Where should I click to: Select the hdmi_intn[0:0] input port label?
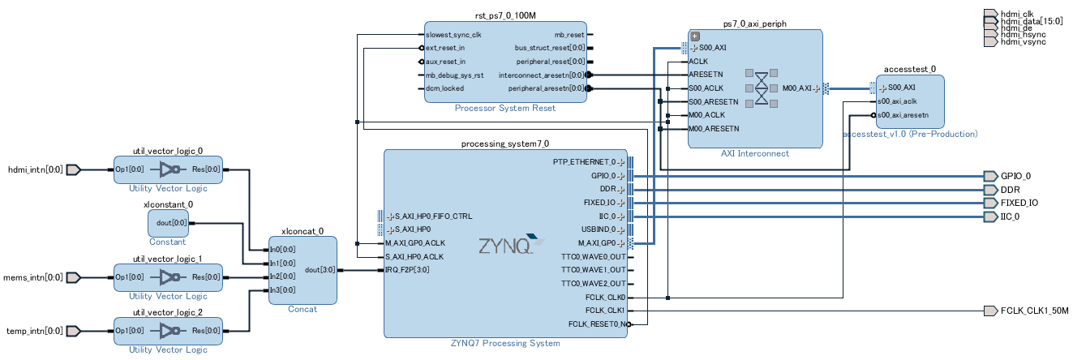(x=34, y=170)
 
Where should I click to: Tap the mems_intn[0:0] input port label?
(x=33, y=277)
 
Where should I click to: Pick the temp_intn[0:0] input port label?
(x=34, y=331)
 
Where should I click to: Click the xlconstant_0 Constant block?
(x=168, y=222)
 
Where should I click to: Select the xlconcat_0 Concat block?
(x=302, y=270)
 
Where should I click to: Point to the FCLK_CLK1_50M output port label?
(x=1034, y=311)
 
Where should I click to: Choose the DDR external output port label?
(x=1011, y=190)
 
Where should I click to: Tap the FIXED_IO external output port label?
(x=1019, y=203)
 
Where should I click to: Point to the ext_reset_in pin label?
(x=445, y=49)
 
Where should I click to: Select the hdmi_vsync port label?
(x=1023, y=41)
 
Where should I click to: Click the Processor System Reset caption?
(x=504, y=108)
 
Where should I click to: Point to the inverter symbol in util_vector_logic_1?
(x=170, y=277)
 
